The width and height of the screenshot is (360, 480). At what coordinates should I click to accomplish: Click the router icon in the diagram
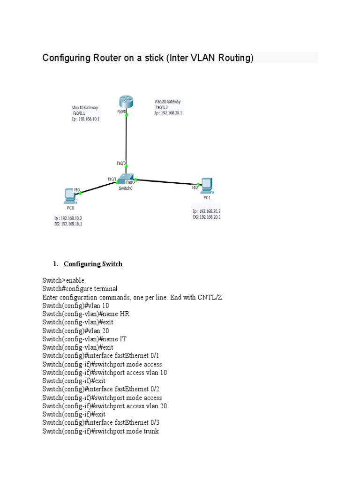(x=126, y=101)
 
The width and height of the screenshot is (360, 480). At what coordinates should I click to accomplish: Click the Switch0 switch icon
(x=126, y=178)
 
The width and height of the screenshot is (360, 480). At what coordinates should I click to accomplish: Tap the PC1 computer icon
(x=206, y=186)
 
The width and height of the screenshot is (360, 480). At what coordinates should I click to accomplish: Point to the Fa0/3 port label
(x=121, y=163)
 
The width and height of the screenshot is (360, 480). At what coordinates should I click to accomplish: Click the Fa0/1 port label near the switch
(x=112, y=179)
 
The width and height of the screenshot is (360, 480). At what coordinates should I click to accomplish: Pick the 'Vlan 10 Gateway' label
(x=85, y=107)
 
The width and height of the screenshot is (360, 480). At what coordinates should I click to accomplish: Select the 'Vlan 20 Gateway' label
(x=167, y=101)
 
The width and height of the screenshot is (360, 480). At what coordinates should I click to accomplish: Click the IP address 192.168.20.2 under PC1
(x=207, y=211)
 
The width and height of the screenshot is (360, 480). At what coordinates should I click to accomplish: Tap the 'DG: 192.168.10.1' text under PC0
(x=68, y=224)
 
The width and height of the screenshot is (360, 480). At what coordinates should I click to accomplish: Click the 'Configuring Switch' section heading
(x=93, y=264)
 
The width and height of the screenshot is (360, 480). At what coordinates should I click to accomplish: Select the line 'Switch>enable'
(x=63, y=280)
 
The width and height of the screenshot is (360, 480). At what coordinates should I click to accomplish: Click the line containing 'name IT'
(x=85, y=339)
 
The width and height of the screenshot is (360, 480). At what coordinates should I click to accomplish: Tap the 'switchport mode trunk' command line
(x=100, y=431)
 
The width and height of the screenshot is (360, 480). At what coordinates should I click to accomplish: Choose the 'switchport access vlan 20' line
(x=105, y=406)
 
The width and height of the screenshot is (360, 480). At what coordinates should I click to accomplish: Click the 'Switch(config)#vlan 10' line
(x=75, y=306)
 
